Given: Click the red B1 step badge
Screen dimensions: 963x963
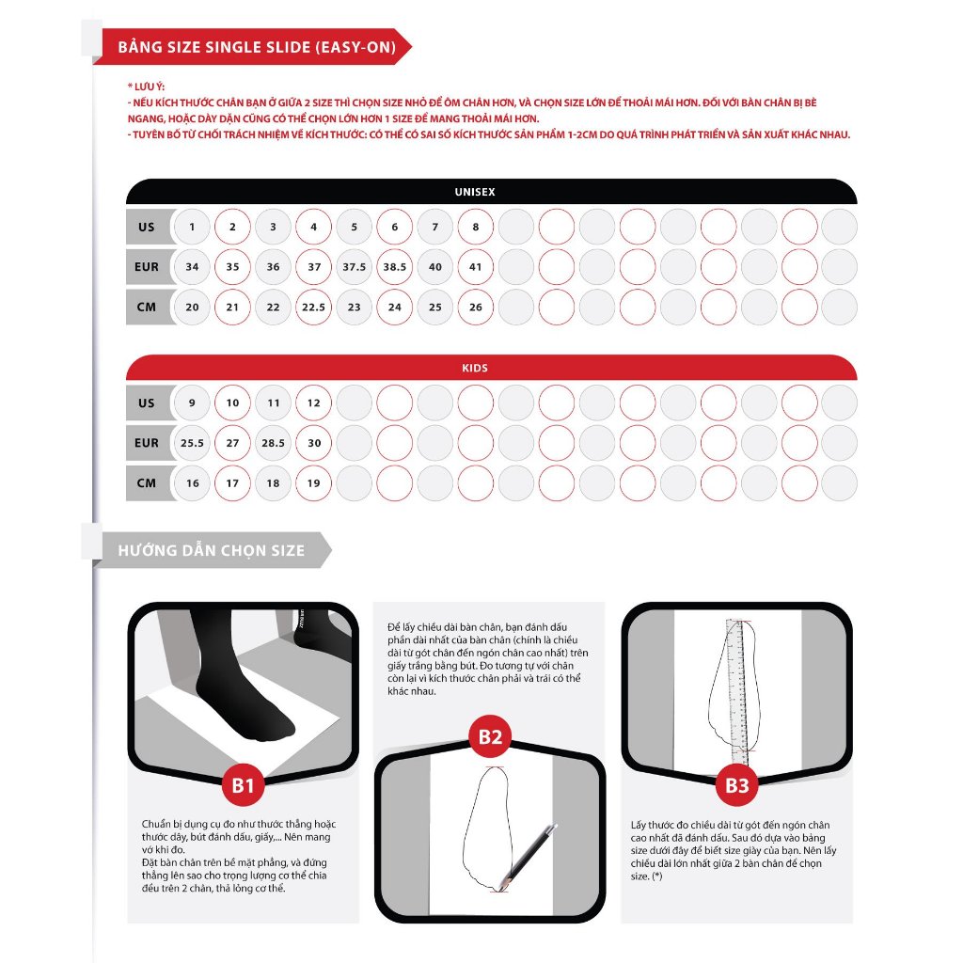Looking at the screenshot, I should click(244, 785).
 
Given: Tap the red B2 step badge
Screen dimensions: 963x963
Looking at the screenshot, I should click(490, 736).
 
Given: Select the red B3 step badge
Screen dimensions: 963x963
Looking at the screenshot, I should click(736, 785).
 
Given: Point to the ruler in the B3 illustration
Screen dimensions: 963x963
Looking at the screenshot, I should click(736, 691).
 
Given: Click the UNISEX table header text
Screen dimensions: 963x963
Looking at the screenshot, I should click(475, 192).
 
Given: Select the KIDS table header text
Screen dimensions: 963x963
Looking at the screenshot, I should click(476, 369).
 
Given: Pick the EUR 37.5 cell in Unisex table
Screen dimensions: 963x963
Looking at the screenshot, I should click(355, 267).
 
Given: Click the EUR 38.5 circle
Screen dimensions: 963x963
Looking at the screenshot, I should click(395, 267).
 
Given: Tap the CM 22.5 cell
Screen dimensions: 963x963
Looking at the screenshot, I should click(314, 308).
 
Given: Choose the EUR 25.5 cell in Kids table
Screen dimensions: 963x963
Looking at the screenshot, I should click(192, 443).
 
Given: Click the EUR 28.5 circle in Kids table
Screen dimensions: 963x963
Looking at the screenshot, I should click(273, 443).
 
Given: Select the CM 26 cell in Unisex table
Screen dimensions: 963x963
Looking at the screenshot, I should click(476, 308).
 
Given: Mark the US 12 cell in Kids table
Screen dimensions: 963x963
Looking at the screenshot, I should click(314, 403).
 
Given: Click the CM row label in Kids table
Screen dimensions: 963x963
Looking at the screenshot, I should click(147, 483).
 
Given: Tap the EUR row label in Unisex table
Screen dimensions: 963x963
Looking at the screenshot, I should click(147, 267).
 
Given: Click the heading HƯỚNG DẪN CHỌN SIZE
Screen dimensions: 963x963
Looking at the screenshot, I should click(211, 550).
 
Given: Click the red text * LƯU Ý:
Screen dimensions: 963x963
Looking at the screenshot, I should click(146, 86).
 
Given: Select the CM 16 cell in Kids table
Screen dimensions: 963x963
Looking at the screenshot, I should click(192, 483).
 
